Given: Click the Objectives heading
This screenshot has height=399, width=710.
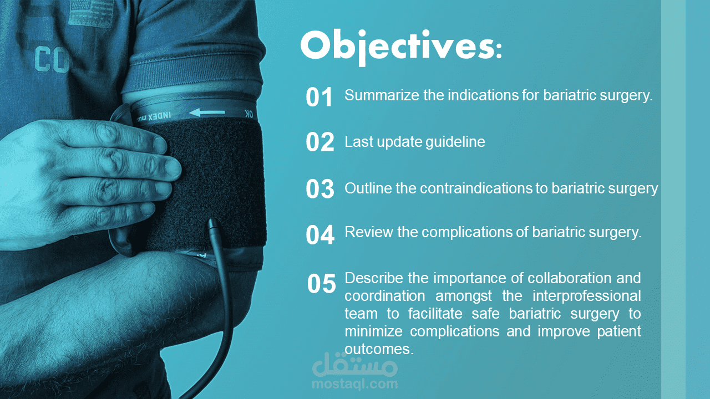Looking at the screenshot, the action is coord(401,47).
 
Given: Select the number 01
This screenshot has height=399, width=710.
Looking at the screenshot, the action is coord(319,97).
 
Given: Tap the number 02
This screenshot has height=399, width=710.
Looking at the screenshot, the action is coord(320,142).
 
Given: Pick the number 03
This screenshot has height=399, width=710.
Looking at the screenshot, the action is coord(320,189).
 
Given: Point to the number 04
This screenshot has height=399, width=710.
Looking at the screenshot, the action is coord(320,234).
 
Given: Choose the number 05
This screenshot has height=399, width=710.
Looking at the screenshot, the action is coord(321,283).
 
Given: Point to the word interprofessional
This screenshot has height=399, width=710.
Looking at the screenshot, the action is coord(587,296).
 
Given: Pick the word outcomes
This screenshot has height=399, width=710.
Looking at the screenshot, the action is coord(379,350).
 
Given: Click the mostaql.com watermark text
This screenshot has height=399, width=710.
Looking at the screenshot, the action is coord(354,384).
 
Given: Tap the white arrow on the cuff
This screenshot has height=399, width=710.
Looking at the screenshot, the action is coord(207,112).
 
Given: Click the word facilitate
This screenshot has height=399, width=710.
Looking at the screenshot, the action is coord(435,314).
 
